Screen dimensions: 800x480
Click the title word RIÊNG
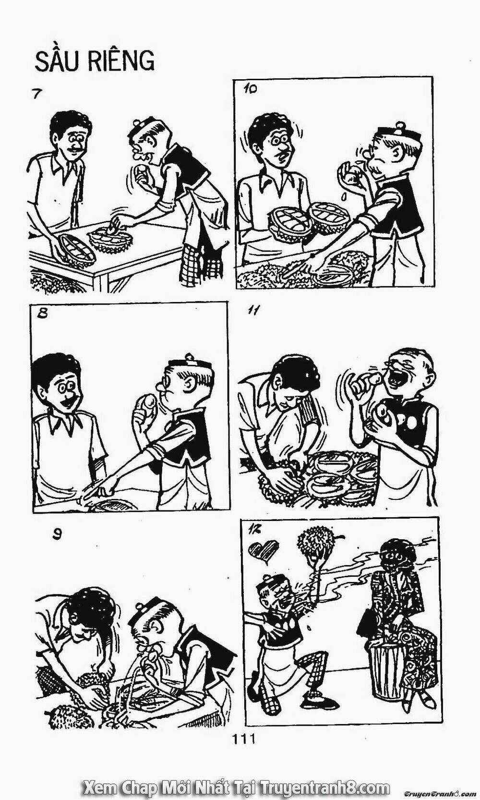coord(121,61)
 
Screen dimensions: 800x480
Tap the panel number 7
coord(35,94)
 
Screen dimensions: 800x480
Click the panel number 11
coord(253,311)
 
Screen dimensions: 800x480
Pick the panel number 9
coord(57,534)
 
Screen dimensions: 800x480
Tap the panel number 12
coord(253,529)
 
